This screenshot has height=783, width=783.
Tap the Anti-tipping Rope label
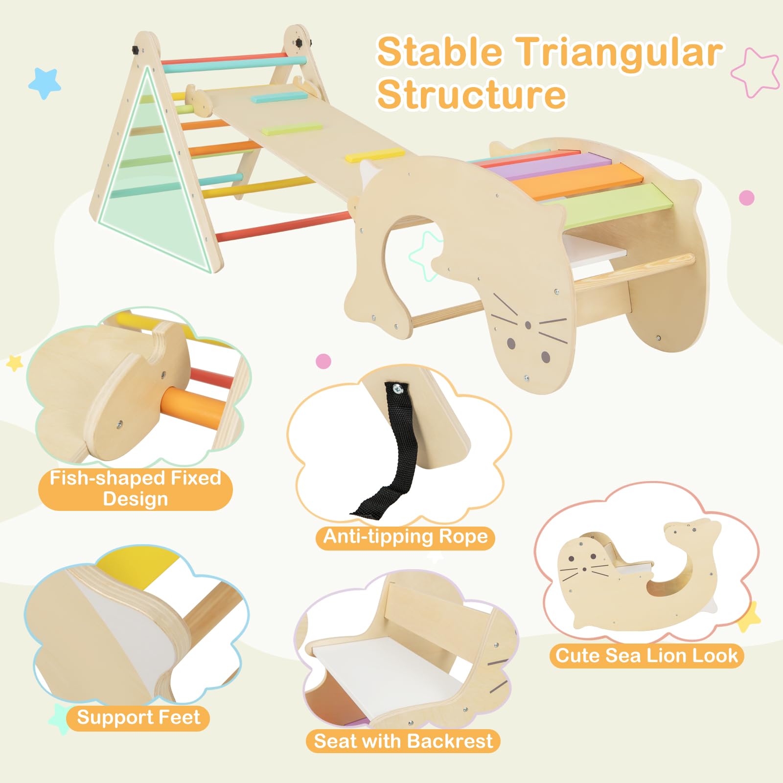(x=405, y=537)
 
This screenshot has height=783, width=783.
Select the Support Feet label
(x=138, y=718)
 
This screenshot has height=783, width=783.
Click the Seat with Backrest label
(x=403, y=741)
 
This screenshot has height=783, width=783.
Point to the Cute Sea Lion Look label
(x=646, y=655)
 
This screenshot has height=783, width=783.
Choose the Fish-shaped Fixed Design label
(x=135, y=488)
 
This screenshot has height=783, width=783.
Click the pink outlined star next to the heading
(x=756, y=72)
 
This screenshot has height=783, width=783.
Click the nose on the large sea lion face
(x=528, y=325)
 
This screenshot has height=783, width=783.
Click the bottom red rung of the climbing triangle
(x=284, y=226)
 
